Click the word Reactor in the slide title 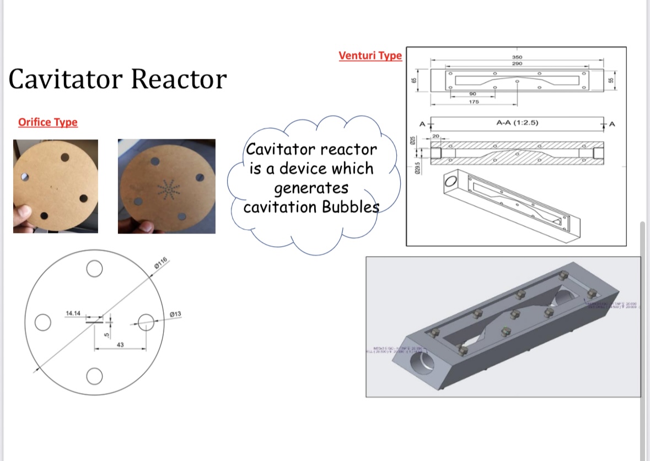click(x=179, y=79)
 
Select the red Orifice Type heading click(x=48, y=122)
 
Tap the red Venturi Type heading click(x=370, y=56)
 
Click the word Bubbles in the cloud click(x=348, y=208)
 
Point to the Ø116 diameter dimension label click(x=162, y=263)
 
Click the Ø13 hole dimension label click(x=175, y=314)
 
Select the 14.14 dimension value click(x=73, y=313)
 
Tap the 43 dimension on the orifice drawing click(x=120, y=344)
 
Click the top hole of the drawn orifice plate click(x=94, y=269)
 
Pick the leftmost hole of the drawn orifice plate click(x=42, y=322)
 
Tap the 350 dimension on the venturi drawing click(x=517, y=57)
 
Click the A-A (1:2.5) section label click(x=517, y=123)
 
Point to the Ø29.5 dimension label click(x=417, y=167)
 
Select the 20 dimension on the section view click(x=436, y=135)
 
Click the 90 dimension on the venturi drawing click(x=472, y=93)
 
